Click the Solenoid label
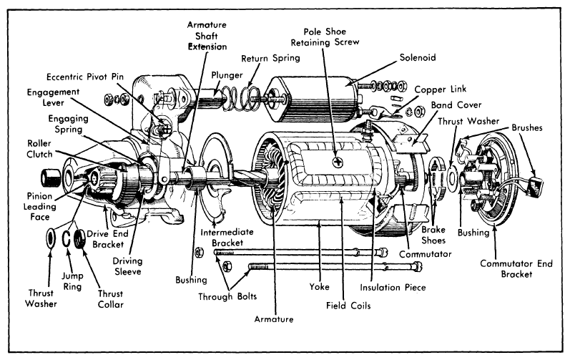coord(418,57)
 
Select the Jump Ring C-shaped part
coord(67,238)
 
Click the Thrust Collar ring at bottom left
coord(79,238)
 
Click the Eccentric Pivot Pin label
coord(85,77)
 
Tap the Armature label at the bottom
coord(274,319)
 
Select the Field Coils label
coord(348,306)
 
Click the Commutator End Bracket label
coord(516,268)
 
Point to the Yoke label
coord(319,286)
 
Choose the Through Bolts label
coord(227,296)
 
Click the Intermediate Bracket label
coord(227,237)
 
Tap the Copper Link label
coord(441,89)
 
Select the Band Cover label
coord(456,105)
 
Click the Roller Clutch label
coord(39,149)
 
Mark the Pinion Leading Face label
coord(39,207)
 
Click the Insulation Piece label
coord(393,287)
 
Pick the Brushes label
coord(527,127)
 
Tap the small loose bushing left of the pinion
coord(50,177)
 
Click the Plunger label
coord(227,75)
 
